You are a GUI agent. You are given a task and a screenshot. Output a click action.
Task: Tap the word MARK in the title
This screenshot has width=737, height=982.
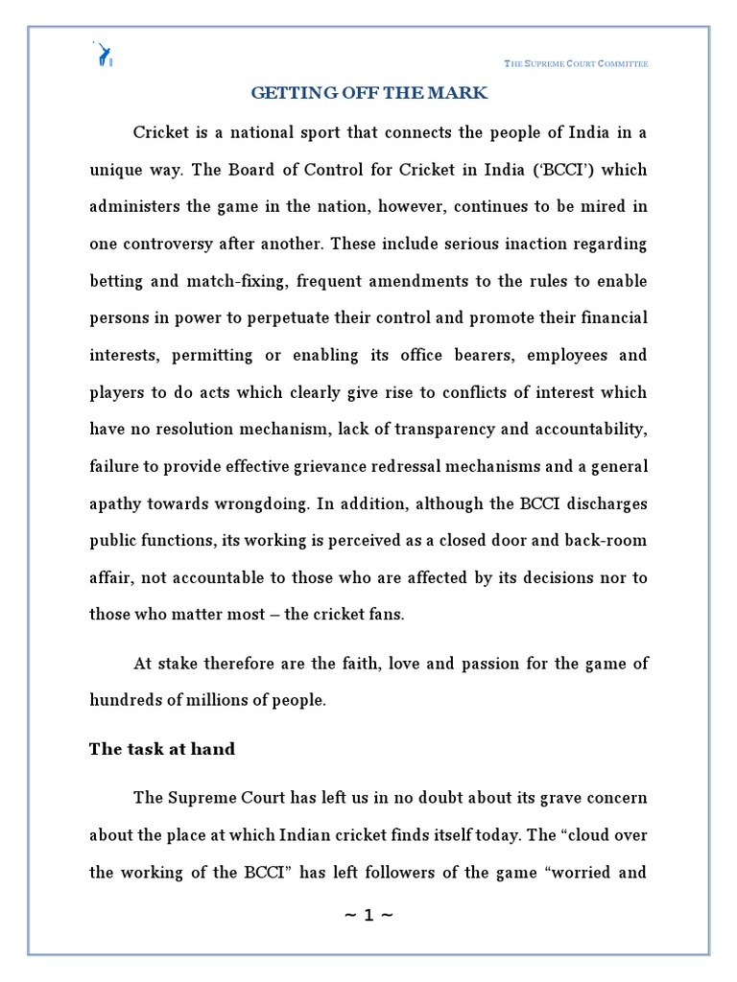(461, 93)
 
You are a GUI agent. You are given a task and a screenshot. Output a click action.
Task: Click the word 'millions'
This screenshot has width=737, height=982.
(214, 700)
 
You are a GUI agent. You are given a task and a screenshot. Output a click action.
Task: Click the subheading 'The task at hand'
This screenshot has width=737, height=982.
(162, 749)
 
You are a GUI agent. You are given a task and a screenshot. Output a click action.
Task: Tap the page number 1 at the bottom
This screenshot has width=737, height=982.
(368, 915)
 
